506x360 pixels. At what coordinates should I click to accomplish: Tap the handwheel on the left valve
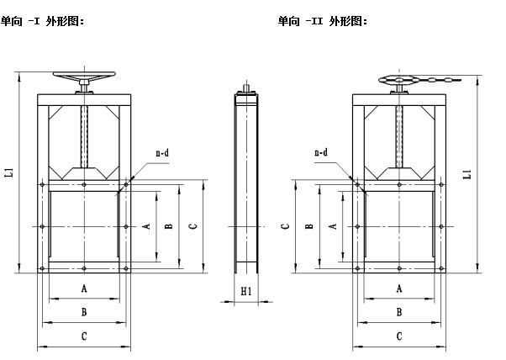84,77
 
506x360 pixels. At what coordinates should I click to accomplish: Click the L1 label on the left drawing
9,172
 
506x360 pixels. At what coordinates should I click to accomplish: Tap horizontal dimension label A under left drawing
84,288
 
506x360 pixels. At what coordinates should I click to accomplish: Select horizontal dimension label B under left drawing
84,312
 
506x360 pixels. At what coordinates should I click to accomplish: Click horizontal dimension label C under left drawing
84,336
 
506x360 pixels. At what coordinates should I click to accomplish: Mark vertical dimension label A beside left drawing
145,226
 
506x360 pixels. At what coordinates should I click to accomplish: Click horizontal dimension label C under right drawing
399,336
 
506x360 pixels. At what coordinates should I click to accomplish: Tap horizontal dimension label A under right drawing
399,288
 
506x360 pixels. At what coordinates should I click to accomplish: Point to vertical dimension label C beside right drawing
285,226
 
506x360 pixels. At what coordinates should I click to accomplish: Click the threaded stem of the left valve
84,135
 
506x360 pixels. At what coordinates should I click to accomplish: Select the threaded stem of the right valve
399,135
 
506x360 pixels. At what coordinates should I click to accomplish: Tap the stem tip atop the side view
245,85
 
